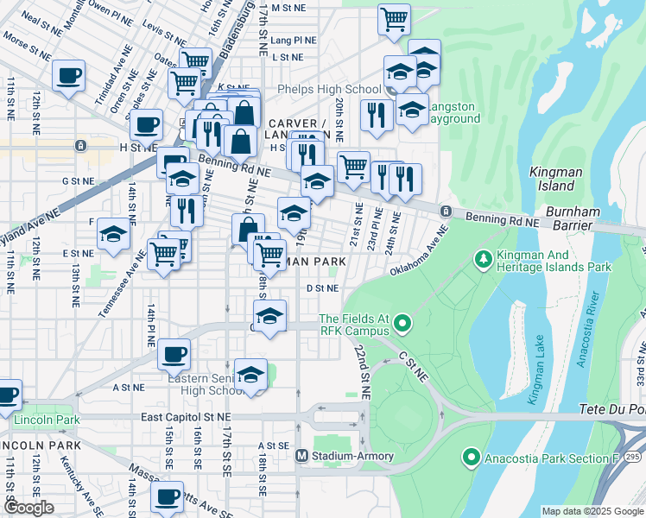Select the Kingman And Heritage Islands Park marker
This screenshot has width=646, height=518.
coord(484,258)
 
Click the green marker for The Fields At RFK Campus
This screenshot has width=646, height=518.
coord(401,325)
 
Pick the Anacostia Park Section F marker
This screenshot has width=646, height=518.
coord(471,457)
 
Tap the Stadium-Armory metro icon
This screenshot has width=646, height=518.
coord(301,456)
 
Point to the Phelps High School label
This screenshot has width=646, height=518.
coord(329,90)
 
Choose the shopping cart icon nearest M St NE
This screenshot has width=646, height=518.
coord(394,17)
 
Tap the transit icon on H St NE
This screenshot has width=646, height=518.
coord(80,146)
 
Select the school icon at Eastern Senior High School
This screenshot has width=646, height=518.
coord(250,375)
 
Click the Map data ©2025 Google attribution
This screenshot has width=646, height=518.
coord(592,511)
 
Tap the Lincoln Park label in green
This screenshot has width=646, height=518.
coord(47,420)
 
